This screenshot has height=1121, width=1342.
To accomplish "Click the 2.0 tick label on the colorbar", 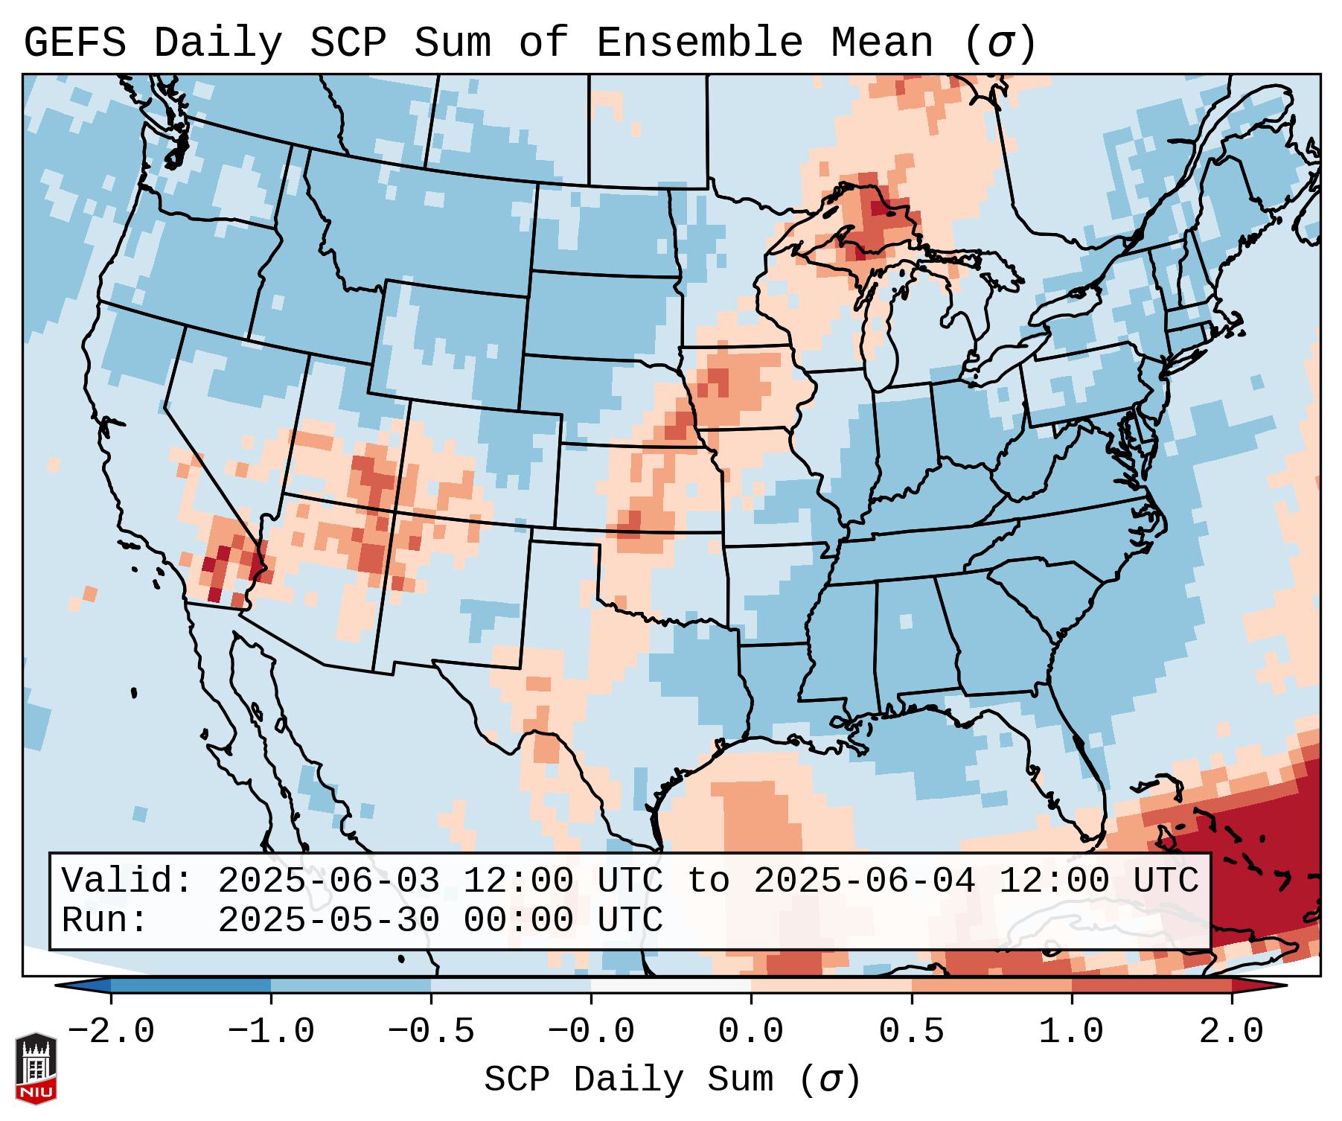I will (x=1231, y=1032).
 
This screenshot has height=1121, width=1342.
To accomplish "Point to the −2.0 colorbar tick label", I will (x=111, y=1032).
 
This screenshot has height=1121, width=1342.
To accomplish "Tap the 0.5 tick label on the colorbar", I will (x=911, y=1032).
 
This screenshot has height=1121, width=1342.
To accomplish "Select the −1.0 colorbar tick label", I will (x=271, y=1032).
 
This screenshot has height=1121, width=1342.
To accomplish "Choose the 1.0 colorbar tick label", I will (x=1071, y=1032).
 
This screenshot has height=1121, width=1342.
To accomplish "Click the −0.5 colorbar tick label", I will (x=431, y=1032).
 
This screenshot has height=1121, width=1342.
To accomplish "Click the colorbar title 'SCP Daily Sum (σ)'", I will (x=672, y=1079).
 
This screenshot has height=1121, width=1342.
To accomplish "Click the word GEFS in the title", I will (x=74, y=43).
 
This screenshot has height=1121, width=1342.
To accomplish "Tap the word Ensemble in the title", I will (x=700, y=43).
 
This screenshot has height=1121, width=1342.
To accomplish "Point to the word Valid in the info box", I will (x=126, y=881).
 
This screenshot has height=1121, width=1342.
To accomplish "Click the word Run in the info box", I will (x=103, y=920).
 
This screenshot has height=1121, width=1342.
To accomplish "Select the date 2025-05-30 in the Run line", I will (x=328, y=920).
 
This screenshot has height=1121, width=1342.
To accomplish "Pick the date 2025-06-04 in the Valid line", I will (x=864, y=881).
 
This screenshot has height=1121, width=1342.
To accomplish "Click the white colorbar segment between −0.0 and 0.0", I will (x=671, y=986).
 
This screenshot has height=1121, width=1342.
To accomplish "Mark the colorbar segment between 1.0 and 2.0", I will (x=1151, y=986).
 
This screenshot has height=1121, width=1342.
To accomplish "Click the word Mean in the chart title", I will (x=881, y=43).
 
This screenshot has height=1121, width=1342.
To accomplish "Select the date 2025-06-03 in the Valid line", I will (x=328, y=881).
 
